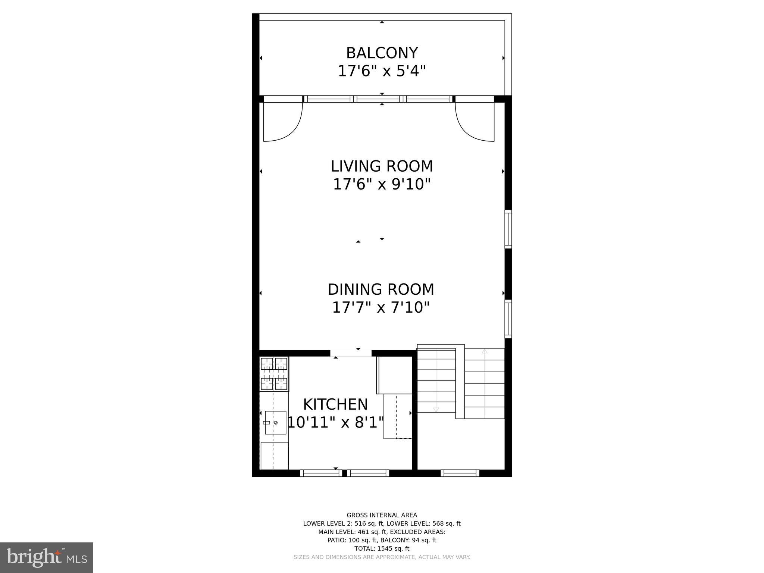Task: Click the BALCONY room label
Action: click(x=382, y=53)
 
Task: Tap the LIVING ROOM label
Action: click(x=382, y=166)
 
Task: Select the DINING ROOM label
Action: click(x=381, y=289)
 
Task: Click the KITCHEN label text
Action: click(x=335, y=405)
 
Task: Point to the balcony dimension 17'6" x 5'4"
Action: click(x=382, y=71)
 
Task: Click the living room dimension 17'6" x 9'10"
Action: click(x=382, y=184)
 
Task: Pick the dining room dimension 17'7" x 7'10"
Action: click(x=381, y=308)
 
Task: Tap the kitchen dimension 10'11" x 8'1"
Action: click(x=335, y=423)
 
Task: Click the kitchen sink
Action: click(x=276, y=423)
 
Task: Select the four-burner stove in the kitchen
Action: click(x=274, y=374)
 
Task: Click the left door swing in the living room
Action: click(x=282, y=122)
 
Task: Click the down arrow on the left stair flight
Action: click(x=436, y=409)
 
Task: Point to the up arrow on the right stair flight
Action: click(x=484, y=351)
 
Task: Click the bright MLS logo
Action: click(x=47, y=558)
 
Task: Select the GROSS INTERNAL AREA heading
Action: click(x=382, y=515)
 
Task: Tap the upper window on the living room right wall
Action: click(x=508, y=229)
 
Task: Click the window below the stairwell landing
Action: click(x=460, y=473)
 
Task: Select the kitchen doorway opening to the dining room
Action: click(x=351, y=353)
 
